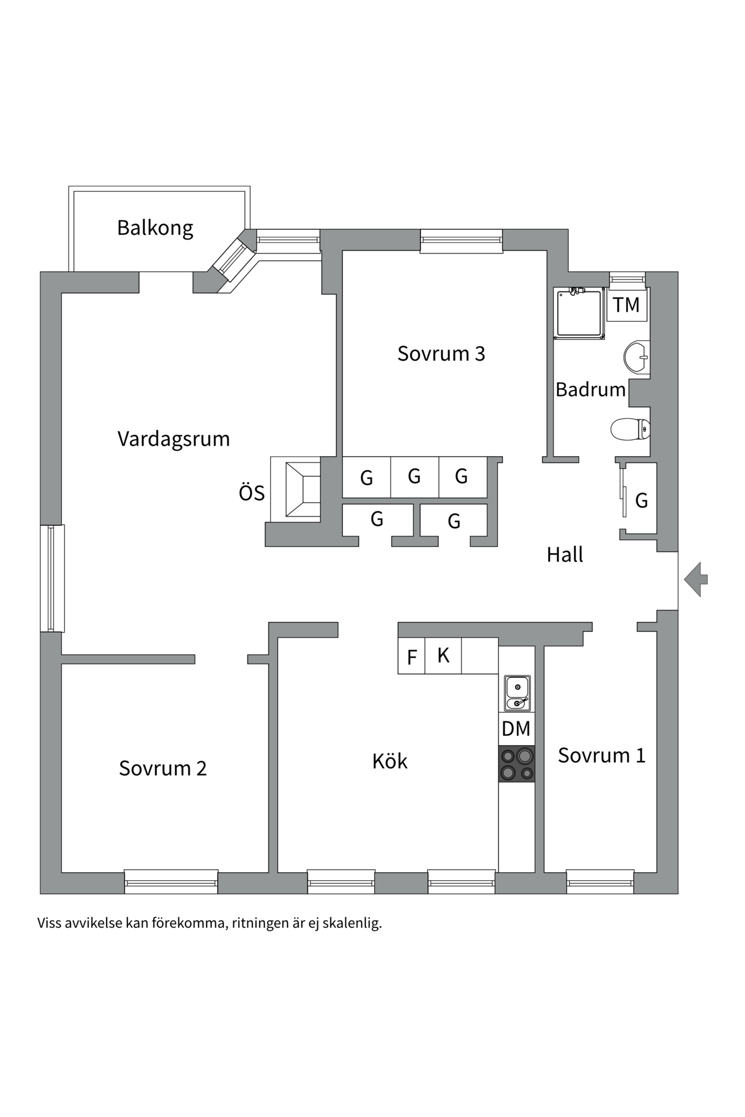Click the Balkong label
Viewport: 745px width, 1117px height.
click(x=155, y=227)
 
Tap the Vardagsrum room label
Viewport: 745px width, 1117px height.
click(x=173, y=439)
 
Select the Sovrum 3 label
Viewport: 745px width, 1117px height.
click(x=441, y=354)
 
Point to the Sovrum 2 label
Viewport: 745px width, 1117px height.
click(x=163, y=768)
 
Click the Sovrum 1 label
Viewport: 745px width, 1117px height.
click(x=602, y=755)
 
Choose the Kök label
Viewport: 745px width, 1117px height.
click(x=390, y=761)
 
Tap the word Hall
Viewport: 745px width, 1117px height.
click(x=565, y=555)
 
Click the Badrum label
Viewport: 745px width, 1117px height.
click(x=590, y=389)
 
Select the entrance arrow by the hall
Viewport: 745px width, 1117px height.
click(x=696, y=579)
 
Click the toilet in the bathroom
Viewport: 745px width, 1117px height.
click(x=630, y=429)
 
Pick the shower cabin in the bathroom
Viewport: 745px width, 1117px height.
click(x=579, y=314)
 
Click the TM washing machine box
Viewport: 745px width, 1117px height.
click(x=626, y=305)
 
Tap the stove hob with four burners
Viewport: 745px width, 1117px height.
click(x=517, y=763)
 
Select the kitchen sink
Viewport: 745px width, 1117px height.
click(x=517, y=693)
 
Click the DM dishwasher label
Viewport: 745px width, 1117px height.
click(x=516, y=728)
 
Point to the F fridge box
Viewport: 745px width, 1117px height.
click(x=411, y=657)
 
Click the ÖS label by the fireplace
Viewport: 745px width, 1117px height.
click(x=251, y=493)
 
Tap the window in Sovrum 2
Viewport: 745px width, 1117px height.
click(x=171, y=883)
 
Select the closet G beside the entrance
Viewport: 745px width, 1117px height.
click(x=641, y=500)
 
